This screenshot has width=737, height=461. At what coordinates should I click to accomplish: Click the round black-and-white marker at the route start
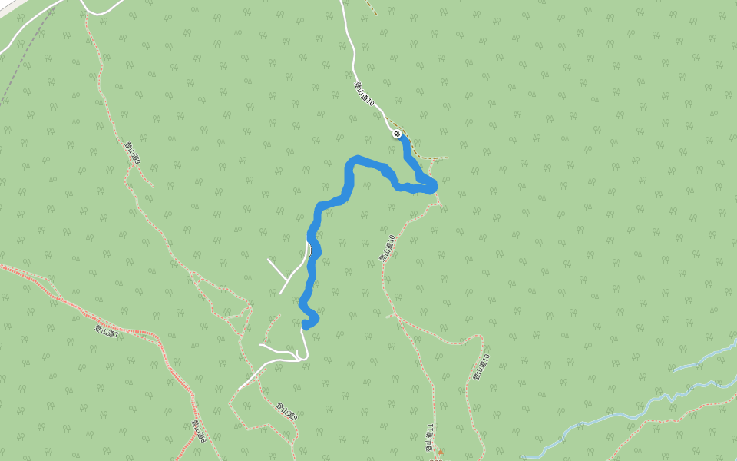[397, 134]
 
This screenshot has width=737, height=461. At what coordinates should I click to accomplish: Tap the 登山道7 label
[107, 329]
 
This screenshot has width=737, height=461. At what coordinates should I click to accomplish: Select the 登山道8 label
[199, 429]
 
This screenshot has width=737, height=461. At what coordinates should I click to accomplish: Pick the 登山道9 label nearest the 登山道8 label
[286, 412]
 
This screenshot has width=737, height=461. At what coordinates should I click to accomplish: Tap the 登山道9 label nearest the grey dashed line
[131, 151]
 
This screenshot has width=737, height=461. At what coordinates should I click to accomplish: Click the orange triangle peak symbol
[441, 452]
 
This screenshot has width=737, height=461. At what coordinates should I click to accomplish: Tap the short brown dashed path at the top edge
[371, 7]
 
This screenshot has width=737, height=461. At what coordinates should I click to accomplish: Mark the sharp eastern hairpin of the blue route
[432, 186]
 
